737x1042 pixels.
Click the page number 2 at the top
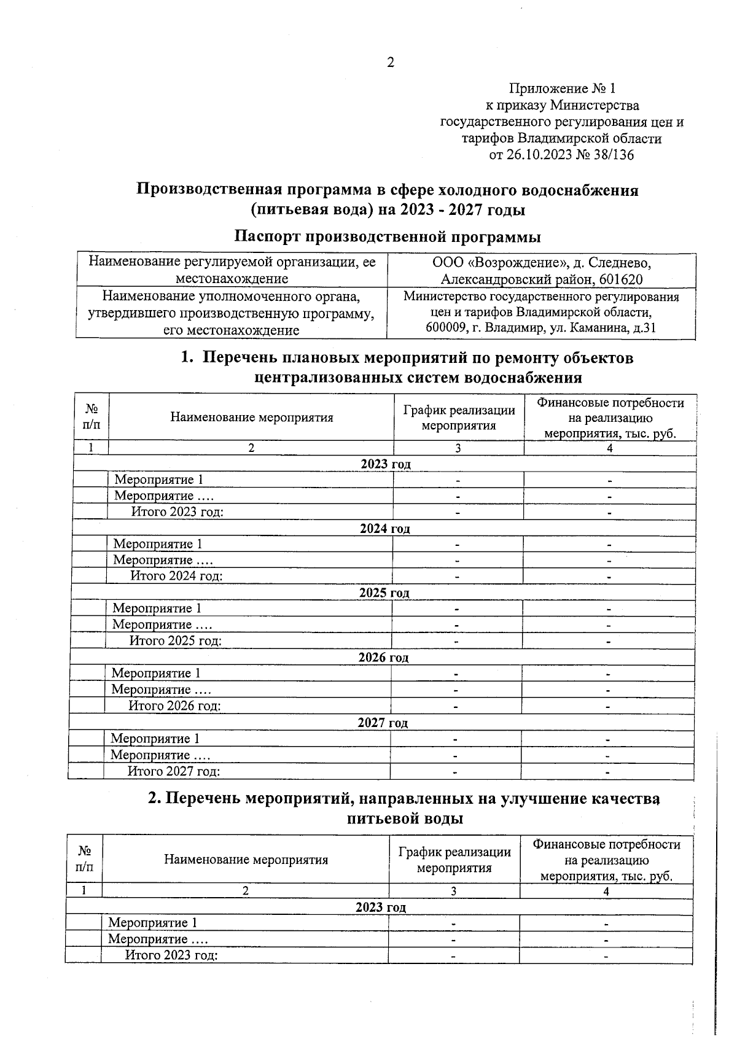390,63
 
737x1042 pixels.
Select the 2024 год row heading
384,529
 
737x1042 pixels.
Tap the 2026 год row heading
383,658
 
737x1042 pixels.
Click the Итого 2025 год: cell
175,641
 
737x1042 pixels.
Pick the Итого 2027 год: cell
173,771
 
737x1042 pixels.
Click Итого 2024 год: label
176,576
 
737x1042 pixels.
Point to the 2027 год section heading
383,723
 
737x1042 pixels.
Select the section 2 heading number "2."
155,798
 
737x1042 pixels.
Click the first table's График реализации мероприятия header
458,418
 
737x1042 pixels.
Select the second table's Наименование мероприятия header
246,860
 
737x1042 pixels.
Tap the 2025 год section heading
384,593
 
